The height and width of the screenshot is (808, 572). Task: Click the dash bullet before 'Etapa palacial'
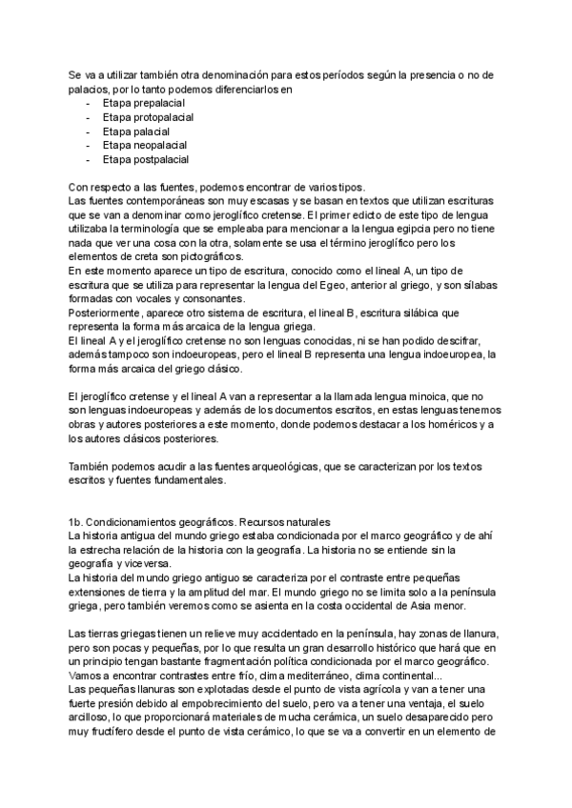point(90,131)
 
